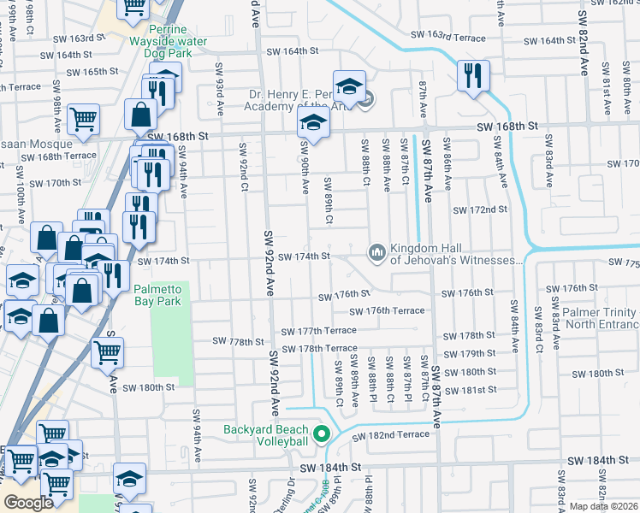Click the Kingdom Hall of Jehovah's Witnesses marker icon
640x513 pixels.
[x=376, y=251]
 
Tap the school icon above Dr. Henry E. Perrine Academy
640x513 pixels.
[x=349, y=85]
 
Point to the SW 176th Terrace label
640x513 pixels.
[x=394, y=310]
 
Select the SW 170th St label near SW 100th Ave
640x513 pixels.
[x=55, y=183]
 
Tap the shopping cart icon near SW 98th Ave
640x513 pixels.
[x=83, y=120]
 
